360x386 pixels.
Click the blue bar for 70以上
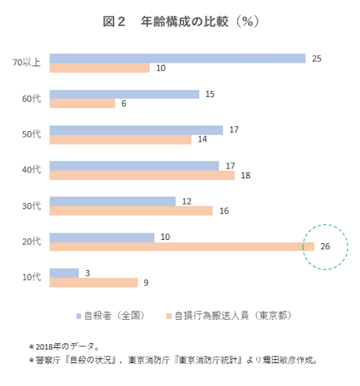click(x=177, y=58)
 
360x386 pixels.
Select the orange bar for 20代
click(x=177, y=246)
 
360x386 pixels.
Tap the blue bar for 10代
click(x=63, y=272)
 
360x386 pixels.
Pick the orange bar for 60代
click(x=82, y=104)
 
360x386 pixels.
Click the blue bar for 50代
click(x=135, y=130)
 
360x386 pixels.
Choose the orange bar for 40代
click(x=141, y=175)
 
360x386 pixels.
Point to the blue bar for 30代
click(x=112, y=201)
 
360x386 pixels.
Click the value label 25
click(x=317, y=58)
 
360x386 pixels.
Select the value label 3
click(x=87, y=272)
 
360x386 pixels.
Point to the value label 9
click(x=146, y=282)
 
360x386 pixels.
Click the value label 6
click(x=123, y=104)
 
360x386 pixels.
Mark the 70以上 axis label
click(x=27, y=63)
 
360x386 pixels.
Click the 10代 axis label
click(x=31, y=277)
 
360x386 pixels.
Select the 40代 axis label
click(x=31, y=170)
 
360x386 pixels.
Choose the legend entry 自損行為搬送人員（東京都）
click(x=228, y=316)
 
